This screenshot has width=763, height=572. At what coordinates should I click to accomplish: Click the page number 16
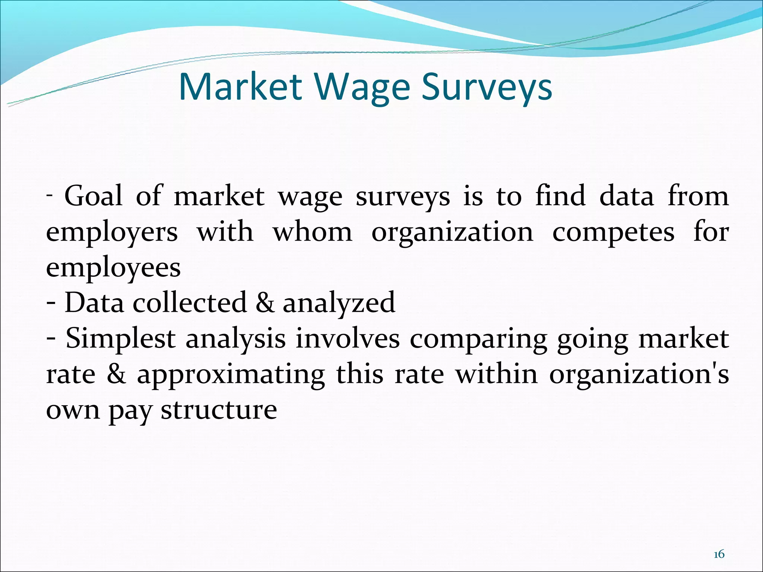click(x=719, y=554)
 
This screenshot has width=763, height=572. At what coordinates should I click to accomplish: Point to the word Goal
click(x=93, y=196)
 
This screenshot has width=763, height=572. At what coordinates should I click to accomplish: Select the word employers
click(x=112, y=232)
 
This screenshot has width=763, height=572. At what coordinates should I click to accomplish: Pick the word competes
click(x=613, y=232)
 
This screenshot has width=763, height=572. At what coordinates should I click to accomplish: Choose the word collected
click(x=190, y=302)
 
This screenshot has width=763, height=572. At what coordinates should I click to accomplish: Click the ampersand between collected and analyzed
click(x=265, y=302)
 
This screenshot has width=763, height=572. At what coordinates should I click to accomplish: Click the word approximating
click(x=231, y=375)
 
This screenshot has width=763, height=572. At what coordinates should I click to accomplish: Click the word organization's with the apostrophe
click(x=639, y=375)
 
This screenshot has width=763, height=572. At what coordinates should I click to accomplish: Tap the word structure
click(x=219, y=410)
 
